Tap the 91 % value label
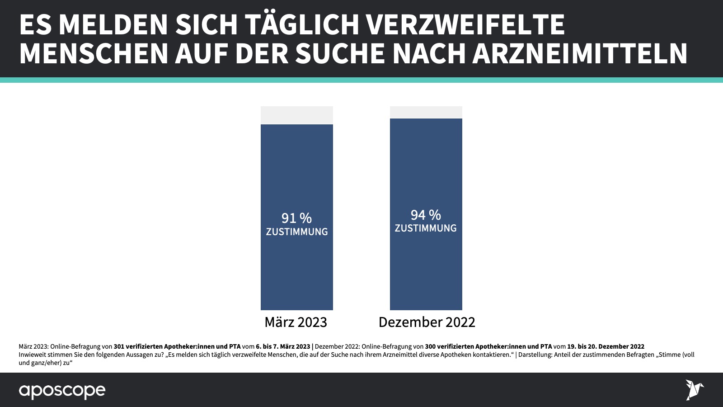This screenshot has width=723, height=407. [x=296, y=218]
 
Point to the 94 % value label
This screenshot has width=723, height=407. [x=426, y=215]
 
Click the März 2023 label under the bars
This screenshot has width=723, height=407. [x=296, y=322]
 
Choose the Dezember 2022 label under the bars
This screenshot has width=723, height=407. [x=427, y=322]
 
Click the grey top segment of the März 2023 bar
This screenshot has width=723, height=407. [x=296, y=115]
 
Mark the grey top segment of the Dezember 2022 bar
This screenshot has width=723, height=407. [x=426, y=112]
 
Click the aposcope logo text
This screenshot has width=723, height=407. [x=62, y=391]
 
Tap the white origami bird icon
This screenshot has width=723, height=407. [x=694, y=390]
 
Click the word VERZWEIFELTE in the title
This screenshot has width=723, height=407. [x=465, y=24]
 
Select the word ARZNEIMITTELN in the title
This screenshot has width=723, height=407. [x=580, y=53]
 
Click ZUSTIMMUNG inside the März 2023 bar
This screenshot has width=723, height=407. [x=296, y=232]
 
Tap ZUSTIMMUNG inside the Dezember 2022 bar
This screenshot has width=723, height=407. [x=426, y=228]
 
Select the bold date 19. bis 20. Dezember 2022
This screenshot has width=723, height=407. [x=606, y=346]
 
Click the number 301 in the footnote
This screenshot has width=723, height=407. [x=119, y=346]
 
